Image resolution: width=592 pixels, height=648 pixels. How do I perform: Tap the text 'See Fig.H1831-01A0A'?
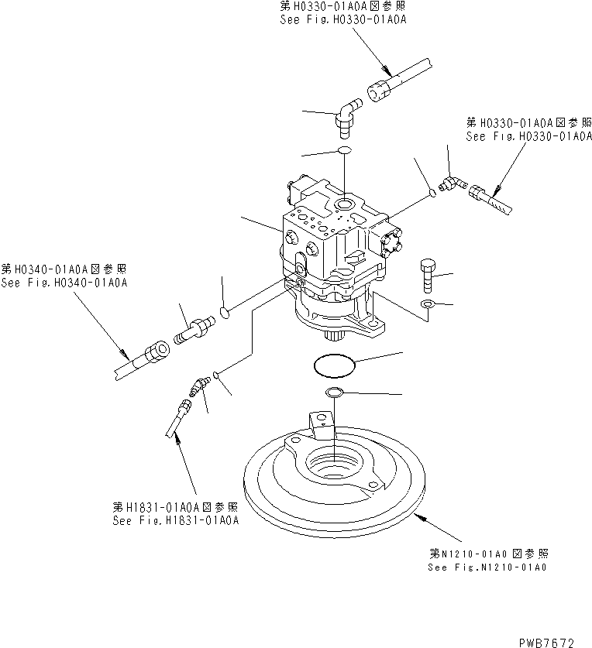tap(176, 520)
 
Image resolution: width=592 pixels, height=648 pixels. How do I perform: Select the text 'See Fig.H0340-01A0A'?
tap(64, 283)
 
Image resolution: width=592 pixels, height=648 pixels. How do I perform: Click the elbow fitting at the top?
tap(346, 115)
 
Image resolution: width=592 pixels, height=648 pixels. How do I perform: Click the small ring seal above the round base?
tap(334, 393)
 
